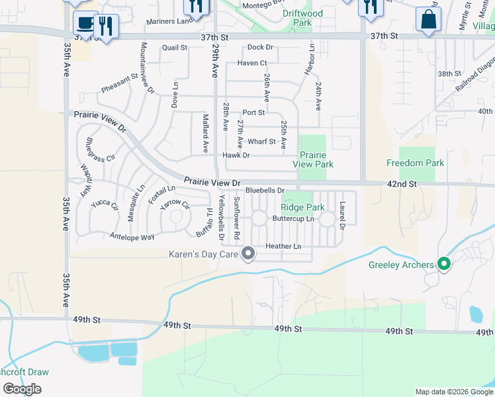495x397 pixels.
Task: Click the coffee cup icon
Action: tap(84, 22)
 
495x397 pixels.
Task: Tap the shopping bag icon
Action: tap(428, 20)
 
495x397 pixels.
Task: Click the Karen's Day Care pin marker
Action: tap(249, 253)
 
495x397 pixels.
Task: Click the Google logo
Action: tap(22, 389)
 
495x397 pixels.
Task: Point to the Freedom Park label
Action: tap(415, 163)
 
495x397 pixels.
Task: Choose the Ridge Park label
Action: tap(307, 207)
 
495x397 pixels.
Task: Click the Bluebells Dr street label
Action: tap(265, 191)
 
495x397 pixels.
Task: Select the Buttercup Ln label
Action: tap(293, 218)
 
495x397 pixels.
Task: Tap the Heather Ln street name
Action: tap(283, 247)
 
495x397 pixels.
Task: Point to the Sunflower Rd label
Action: tap(236, 218)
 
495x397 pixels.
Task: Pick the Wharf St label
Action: tap(261, 141)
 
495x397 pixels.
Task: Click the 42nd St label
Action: tap(402, 183)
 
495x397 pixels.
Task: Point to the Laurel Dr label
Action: tap(342, 216)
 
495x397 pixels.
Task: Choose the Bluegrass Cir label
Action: tap(101, 150)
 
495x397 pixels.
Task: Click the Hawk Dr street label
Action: tap(236, 155)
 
